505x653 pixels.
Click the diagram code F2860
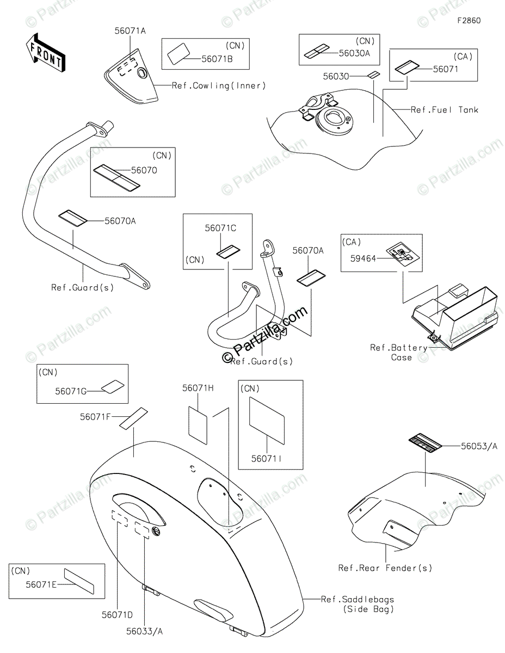coord(469,21)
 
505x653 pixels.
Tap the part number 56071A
coord(131,31)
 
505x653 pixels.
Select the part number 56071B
coord(217,59)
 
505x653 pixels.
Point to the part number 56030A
coord(354,53)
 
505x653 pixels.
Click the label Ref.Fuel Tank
coord(444,110)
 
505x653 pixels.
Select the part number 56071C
coord(220,229)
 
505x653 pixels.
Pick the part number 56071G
coord(71,391)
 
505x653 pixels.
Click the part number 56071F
coord(96,417)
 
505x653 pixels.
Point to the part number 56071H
coord(198,388)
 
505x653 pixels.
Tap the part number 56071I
coord(266,459)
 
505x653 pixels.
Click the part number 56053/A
coord(479,446)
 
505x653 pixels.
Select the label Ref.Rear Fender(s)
coord(385,568)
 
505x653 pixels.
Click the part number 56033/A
coord(145,631)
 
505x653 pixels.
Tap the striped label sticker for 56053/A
coord(426,442)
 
